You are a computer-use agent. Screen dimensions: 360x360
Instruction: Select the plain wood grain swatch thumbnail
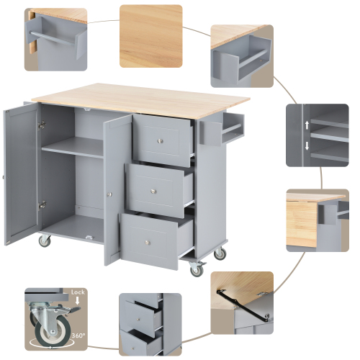151,36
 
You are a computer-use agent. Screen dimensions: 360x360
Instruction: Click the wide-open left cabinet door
20,173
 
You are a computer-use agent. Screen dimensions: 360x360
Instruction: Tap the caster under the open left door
45,241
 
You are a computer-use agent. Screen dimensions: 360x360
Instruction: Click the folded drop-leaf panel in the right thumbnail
302,224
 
